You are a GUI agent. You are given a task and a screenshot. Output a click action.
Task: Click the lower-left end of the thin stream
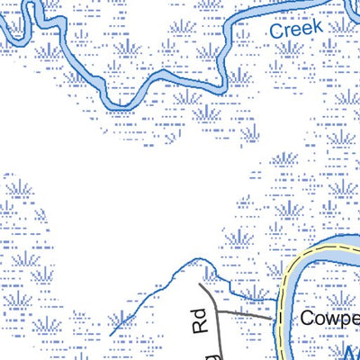pos(110,336)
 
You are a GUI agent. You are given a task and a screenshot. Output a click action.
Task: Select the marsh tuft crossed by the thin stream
pos(122,320)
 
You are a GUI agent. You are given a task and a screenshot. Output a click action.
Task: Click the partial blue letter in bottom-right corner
pos(351,353)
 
